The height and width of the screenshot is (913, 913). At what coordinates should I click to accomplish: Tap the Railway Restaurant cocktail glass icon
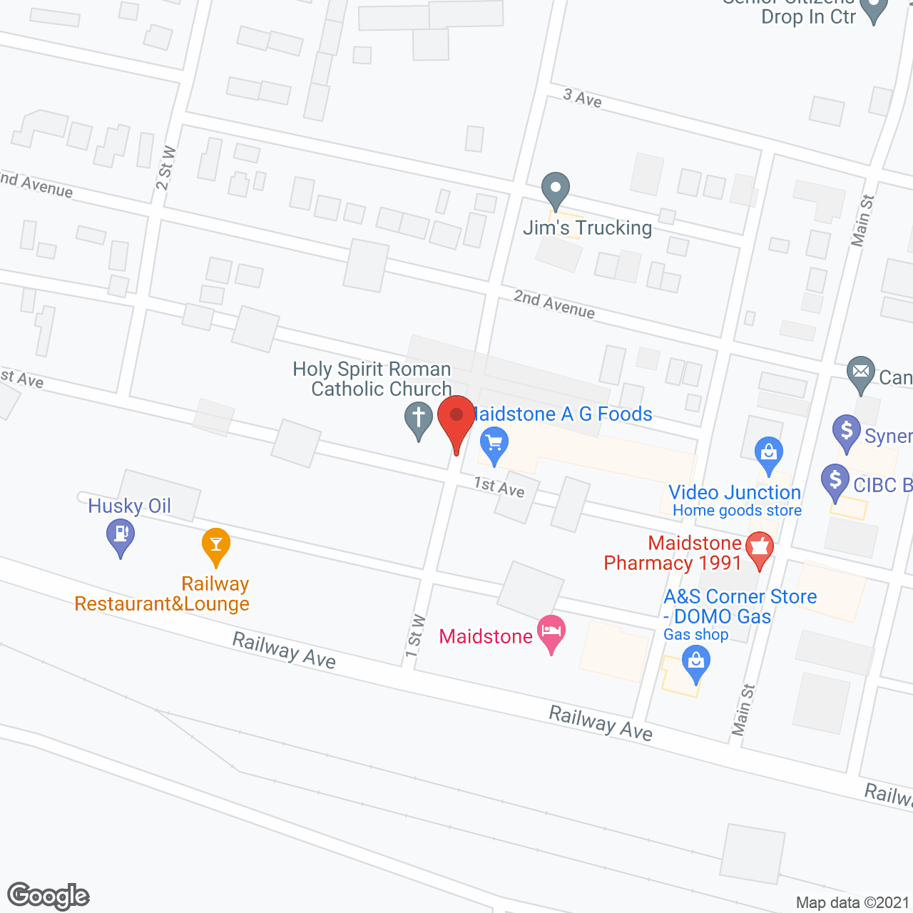click(215, 545)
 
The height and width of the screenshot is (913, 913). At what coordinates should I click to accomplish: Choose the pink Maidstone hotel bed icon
click(551, 632)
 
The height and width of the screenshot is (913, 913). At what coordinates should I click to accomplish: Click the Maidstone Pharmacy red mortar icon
click(760, 549)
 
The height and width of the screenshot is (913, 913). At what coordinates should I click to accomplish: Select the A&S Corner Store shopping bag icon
click(696, 663)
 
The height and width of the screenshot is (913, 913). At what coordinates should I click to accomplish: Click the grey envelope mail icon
click(861, 372)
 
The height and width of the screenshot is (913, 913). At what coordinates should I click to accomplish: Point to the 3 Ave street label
click(582, 98)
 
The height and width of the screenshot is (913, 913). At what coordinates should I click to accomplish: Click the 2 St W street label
click(165, 168)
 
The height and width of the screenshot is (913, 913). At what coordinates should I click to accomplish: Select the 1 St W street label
click(415, 636)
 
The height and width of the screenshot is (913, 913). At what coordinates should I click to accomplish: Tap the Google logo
click(49, 896)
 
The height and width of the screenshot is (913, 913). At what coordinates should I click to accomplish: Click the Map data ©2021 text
click(852, 903)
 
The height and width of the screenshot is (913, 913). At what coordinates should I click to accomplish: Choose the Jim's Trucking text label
click(588, 228)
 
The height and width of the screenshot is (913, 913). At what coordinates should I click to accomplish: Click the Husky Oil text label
click(129, 506)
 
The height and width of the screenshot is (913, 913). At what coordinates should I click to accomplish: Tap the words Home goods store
click(737, 511)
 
